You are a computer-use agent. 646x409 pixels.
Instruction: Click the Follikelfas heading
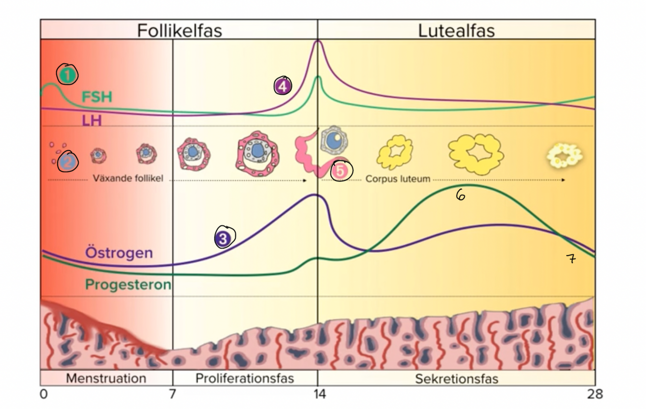(179, 30)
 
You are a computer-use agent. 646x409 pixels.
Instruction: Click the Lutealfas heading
(456, 30)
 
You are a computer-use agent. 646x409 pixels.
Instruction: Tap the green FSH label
(96, 97)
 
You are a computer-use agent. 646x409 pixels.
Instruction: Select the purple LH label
(92, 121)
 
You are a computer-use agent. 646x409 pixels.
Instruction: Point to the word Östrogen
(119, 253)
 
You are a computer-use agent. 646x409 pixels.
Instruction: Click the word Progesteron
(128, 285)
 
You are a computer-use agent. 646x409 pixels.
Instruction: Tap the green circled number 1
(68, 75)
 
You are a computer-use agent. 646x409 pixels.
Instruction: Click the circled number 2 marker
(67, 162)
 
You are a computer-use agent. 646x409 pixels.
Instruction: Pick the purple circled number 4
(282, 86)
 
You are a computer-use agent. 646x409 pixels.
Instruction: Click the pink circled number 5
(341, 171)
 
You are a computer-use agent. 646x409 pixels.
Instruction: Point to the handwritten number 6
(461, 195)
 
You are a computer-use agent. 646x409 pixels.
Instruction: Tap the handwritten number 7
(571, 259)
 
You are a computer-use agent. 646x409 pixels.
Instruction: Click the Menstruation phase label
(106, 378)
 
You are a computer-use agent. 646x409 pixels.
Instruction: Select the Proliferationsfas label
(245, 378)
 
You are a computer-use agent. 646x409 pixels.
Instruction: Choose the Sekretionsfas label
(456, 379)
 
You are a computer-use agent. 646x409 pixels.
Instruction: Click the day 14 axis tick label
(318, 394)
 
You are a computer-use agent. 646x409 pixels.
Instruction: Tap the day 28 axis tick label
(595, 394)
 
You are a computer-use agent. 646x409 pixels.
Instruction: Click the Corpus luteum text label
(398, 179)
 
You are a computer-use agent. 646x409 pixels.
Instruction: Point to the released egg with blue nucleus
(334, 140)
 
